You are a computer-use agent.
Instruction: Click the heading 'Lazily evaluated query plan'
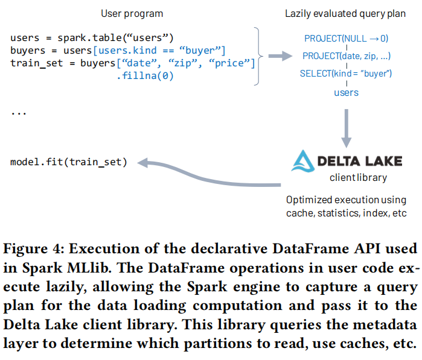tap(346, 13)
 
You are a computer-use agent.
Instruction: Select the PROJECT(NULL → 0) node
tap(346, 39)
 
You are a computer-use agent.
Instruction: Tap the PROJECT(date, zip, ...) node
tap(346, 56)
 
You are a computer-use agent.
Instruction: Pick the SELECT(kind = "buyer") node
tap(346, 74)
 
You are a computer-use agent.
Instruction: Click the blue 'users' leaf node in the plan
tap(346, 92)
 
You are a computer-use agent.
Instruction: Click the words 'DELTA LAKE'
tap(360, 162)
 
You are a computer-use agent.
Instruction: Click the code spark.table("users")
tap(115, 38)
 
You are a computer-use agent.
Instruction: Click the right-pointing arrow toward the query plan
tap(278, 56)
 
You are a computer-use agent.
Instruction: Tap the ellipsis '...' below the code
tap(19, 112)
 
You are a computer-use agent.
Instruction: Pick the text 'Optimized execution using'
tap(345, 200)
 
